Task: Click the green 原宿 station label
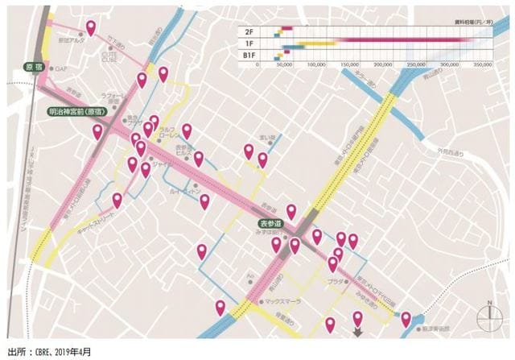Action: [x=33, y=67]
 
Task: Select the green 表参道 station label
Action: [x=271, y=223]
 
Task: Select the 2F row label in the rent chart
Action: [x=249, y=31]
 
